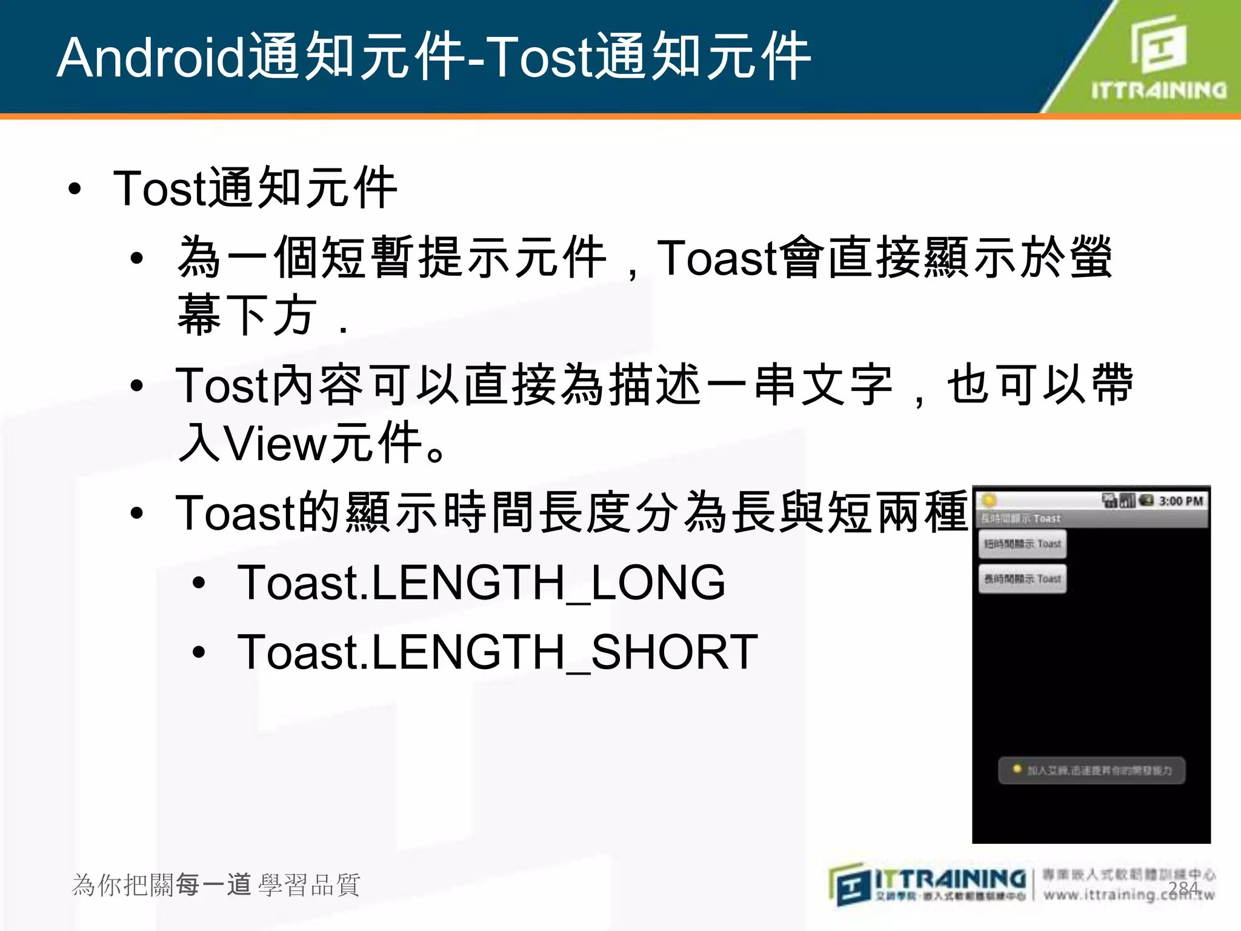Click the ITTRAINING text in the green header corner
[x=1159, y=91]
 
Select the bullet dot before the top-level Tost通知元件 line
[x=75, y=189]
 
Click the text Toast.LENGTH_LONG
[x=481, y=583]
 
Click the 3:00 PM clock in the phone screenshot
[x=1180, y=501]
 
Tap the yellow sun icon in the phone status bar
[x=989, y=501]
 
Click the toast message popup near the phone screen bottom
[x=1091, y=770]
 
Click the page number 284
[x=1183, y=889]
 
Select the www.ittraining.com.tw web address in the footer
[x=1128, y=895]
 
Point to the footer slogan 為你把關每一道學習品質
[x=216, y=885]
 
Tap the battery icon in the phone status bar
[x=1146, y=501]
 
